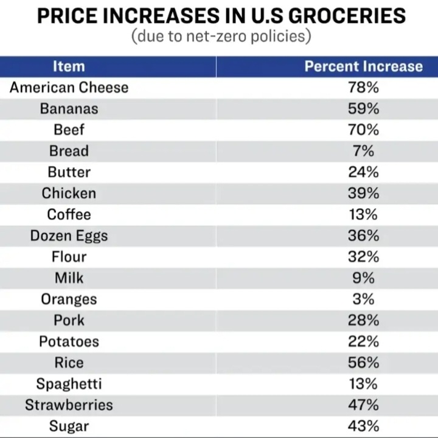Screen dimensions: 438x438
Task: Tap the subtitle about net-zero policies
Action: (221, 36)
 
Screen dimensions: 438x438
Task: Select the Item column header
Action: (69, 66)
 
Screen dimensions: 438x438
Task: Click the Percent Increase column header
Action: (363, 66)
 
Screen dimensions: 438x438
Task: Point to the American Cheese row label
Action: (69, 88)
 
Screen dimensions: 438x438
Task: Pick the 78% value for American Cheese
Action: (363, 88)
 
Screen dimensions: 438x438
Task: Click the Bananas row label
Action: (69, 109)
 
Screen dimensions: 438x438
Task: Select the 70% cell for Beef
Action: (363, 130)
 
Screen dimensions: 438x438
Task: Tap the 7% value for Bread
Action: (363, 151)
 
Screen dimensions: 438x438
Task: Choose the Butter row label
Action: (69, 172)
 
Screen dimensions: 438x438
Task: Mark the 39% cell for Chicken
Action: (363, 193)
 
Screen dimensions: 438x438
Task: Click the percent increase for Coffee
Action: (363, 215)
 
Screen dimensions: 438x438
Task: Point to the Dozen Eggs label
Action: (69, 235)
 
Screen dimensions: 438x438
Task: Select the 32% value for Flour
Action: (363, 257)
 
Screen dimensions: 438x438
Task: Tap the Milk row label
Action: (69, 278)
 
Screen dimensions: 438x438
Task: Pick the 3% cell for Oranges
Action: (363, 299)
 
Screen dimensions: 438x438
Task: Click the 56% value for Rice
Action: (363, 363)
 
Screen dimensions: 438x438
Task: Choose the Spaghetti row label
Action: (69, 384)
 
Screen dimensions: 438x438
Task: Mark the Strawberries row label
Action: (69, 405)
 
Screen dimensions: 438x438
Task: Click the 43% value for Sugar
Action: (363, 426)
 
